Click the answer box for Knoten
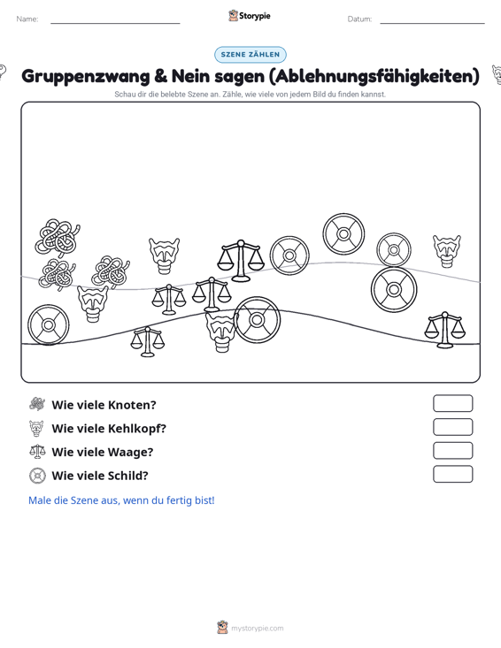(x=452, y=403)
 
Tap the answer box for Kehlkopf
(x=452, y=427)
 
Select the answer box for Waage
(x=452, y=451)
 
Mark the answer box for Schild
(x=452, y=474)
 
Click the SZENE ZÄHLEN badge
(x=250, y=55)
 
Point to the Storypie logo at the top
(x=250, y=16)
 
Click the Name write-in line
(x=115, y=23)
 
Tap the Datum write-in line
(x=432, y=23)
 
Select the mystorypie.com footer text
(x=258, y=629)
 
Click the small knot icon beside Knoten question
(x=37, y=404)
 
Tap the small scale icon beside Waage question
(x=37, y=451)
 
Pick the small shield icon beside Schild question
(x=37, y=476)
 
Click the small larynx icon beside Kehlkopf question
(x=37, y=428)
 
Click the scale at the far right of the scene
(x=444, y=330)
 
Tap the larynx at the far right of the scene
(x=447, y=251)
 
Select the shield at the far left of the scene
(x=49, y=324)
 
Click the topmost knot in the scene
(x=58, y=237)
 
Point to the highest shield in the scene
(x=343, y=234)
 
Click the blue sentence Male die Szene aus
(x=121, y=500)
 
